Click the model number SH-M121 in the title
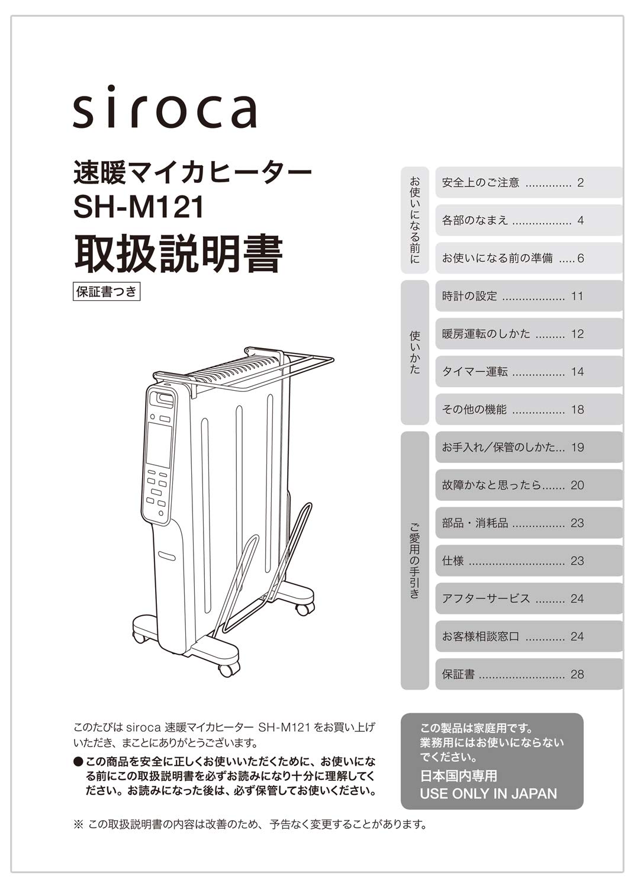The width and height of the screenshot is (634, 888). click(x=139, y=207)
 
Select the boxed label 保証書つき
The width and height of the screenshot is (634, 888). click(x=107, y=292)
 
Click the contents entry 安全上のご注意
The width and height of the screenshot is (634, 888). click(x=481, y=182)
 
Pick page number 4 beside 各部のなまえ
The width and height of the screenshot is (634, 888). click(x=581, y=220)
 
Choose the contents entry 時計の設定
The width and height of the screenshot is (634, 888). click(x=469, y=296)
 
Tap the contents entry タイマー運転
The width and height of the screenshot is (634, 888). click(x=475, y=371)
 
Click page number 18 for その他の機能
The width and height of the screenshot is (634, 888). click(x=577, y=410)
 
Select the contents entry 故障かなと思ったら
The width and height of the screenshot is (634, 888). click(x=492, y=485)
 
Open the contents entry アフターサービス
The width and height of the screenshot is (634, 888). click(x=486, y=598)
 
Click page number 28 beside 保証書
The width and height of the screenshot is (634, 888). click(x=577, y=674)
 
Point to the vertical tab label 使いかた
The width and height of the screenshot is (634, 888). click(x=415, y=352)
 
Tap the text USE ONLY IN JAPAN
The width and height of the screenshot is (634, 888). click(x=488, y=793)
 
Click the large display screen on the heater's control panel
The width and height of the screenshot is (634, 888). click(x=159, y=445)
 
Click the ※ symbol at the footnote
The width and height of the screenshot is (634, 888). click(x=79, y=825)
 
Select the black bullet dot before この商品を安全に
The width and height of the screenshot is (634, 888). click(x=78, y=761)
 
